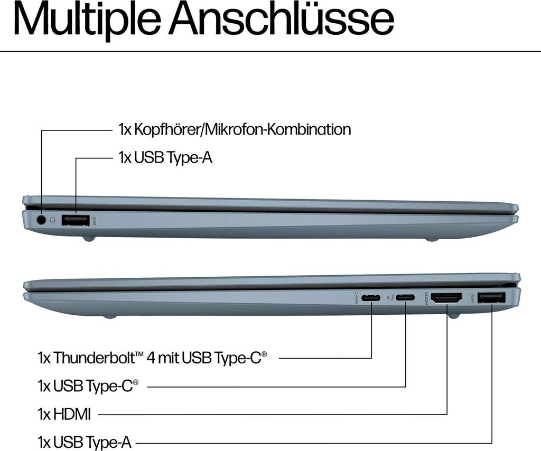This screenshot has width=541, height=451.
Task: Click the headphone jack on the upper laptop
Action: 41,219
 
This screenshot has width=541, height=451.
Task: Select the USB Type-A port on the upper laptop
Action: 76,220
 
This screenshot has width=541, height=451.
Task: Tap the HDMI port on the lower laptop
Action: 447,298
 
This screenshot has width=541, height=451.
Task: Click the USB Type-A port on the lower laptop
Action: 491,298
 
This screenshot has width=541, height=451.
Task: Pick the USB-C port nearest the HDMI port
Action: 405,298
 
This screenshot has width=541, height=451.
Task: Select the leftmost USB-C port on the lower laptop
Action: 371,298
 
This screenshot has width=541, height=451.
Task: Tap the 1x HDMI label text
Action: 64,415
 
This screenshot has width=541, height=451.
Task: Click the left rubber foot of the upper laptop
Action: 89,239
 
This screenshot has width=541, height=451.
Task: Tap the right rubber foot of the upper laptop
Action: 432,239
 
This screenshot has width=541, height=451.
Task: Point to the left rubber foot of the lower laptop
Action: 109,317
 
